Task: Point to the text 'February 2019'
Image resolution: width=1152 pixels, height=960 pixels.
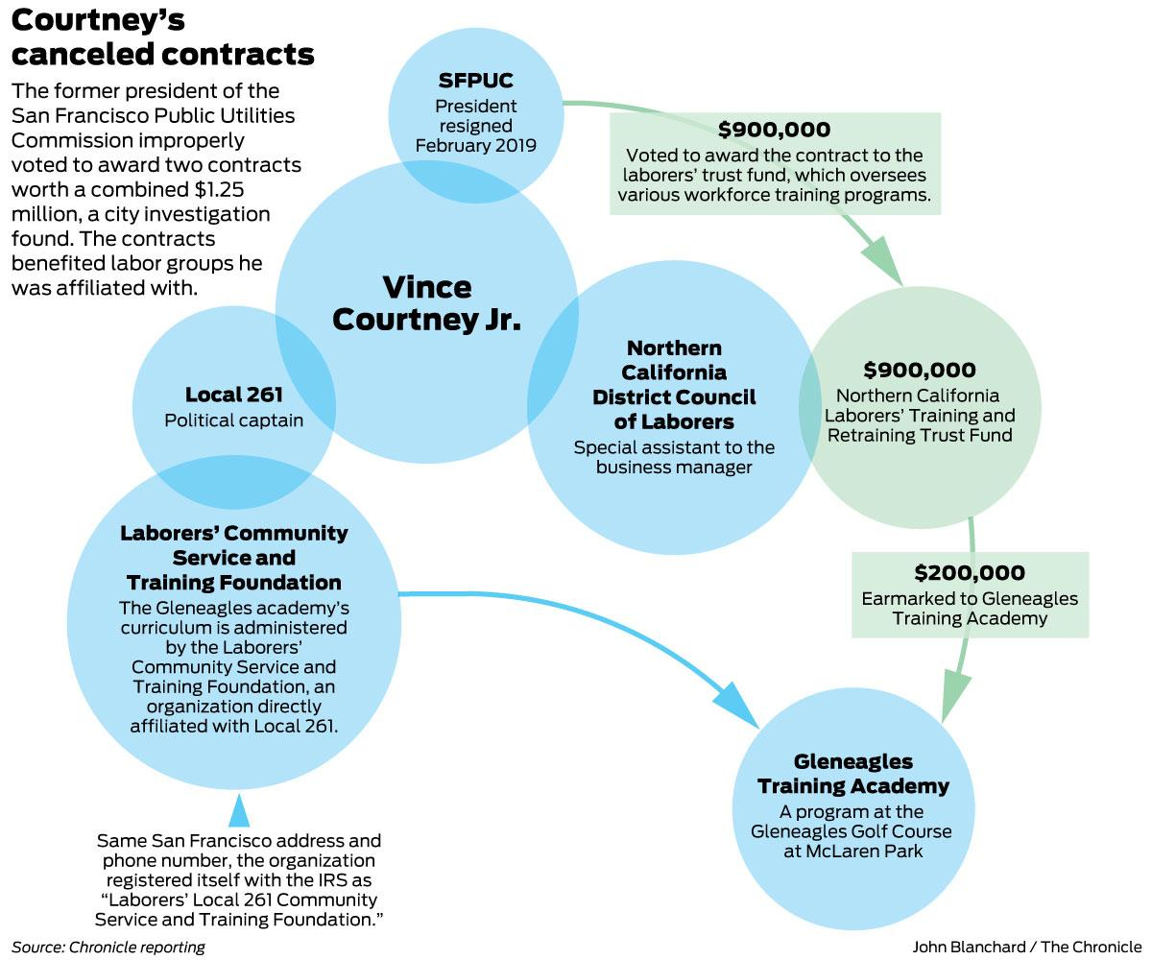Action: pos(475,146)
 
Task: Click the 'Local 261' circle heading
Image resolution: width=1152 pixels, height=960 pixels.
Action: pos(233,395)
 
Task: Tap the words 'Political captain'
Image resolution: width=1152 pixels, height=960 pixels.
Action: pos(233,420)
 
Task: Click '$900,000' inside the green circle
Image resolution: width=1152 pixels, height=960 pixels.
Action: pos(919,370)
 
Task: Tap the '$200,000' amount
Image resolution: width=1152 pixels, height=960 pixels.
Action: pos(969,573)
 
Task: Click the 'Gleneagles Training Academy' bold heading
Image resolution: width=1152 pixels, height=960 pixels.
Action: pos(852,774)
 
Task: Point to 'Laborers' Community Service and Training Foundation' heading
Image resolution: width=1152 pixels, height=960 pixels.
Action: pos(233,557)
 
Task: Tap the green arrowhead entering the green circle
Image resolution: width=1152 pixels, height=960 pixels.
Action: pos(884,261)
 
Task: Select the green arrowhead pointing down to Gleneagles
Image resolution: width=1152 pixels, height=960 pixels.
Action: pos(956,693)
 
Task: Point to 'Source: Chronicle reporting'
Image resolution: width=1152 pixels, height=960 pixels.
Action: pos(108,947)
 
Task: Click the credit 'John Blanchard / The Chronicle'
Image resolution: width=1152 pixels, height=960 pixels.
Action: pos(1026,947)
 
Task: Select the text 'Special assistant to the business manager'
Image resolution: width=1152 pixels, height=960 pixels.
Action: pos(674,457)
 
